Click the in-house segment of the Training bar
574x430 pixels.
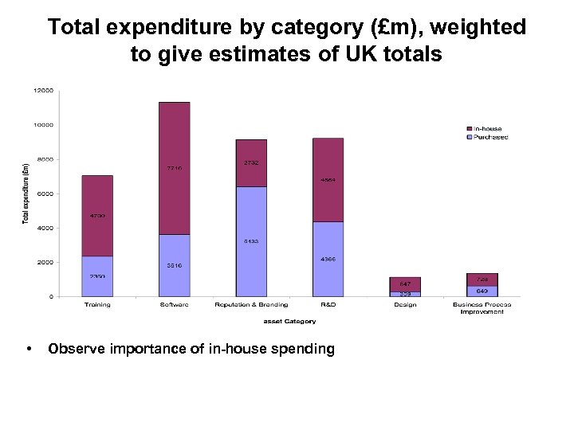97,216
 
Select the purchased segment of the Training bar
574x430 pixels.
97,276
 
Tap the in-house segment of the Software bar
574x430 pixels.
175,168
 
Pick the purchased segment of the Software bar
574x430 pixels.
175,265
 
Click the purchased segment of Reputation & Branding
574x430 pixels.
251,241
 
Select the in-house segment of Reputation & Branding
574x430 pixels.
251,163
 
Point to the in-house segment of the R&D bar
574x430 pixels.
328,180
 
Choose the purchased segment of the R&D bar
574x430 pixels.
328,259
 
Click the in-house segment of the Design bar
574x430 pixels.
405,284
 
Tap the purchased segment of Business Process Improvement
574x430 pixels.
482,291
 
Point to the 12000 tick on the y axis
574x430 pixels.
43,91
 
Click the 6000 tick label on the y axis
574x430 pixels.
45,193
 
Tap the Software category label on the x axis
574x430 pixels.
175,305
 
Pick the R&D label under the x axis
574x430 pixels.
328,305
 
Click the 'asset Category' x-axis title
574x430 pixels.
289,322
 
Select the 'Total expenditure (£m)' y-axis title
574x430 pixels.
25,193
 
